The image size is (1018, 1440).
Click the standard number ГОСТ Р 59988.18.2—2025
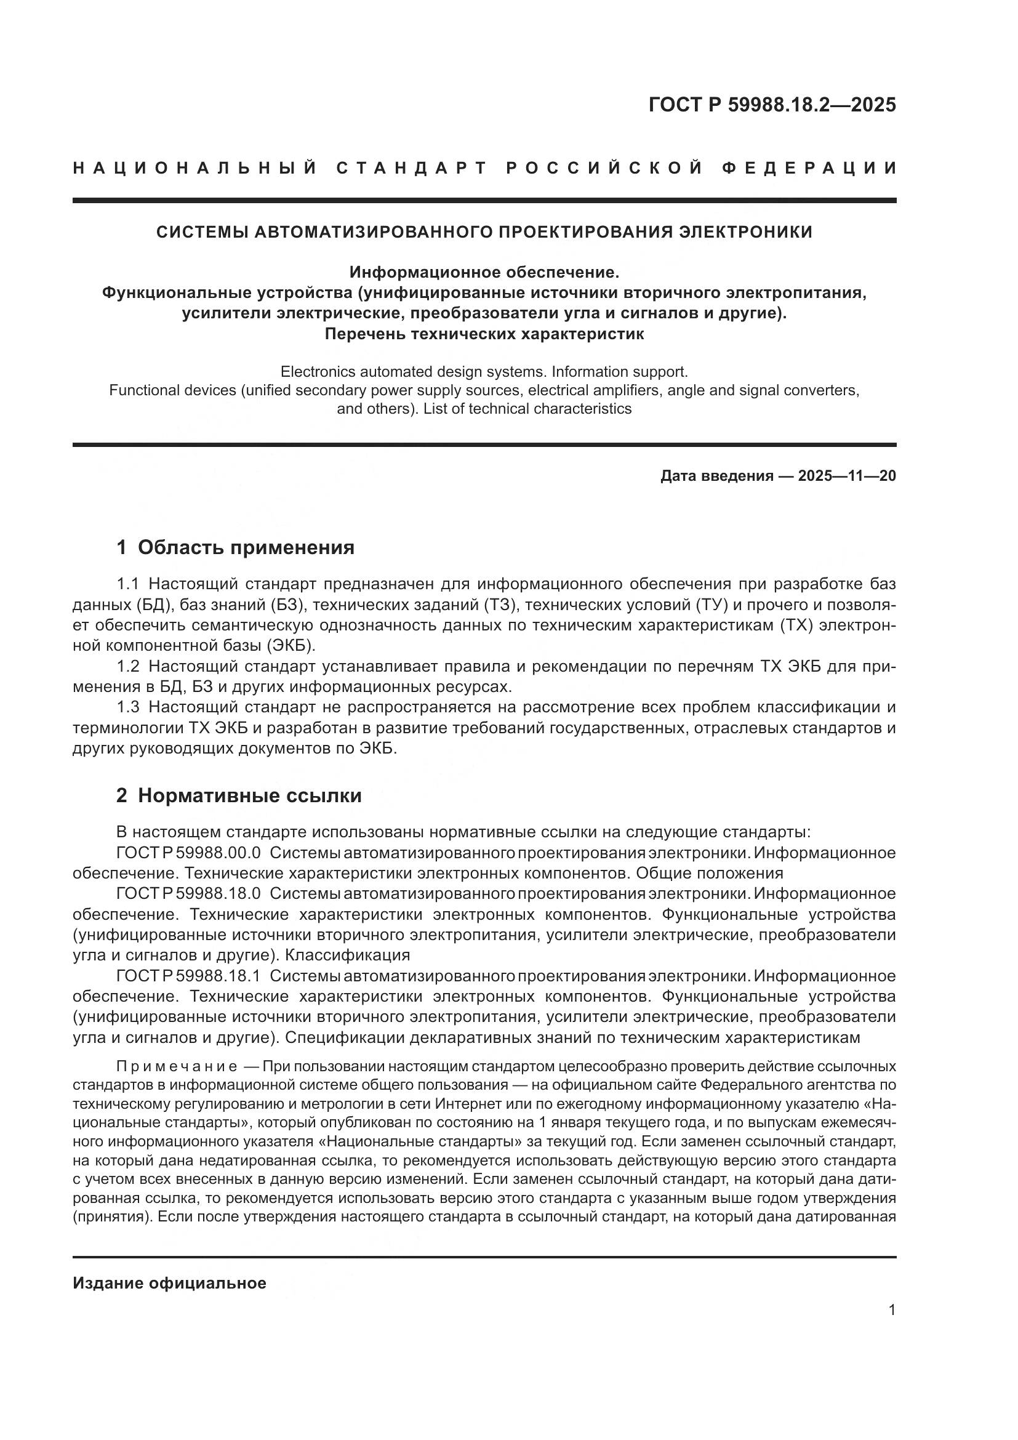[772, 105]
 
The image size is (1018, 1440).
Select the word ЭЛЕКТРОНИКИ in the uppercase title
[746, 232]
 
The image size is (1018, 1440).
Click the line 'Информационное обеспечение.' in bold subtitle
[484, 272]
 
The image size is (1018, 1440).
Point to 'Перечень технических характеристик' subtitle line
[484, 334]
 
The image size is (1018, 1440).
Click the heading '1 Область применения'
[235, 547]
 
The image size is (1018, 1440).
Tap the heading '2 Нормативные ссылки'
[239, 796]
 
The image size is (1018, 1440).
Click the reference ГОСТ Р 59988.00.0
[188, 853]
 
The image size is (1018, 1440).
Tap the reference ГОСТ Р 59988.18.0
[188, 894]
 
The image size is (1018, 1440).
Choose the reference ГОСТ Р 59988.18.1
[188, 976]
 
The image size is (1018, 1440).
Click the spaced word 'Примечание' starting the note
[177, 1067]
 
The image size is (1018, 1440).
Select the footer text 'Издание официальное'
[169, 1283]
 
